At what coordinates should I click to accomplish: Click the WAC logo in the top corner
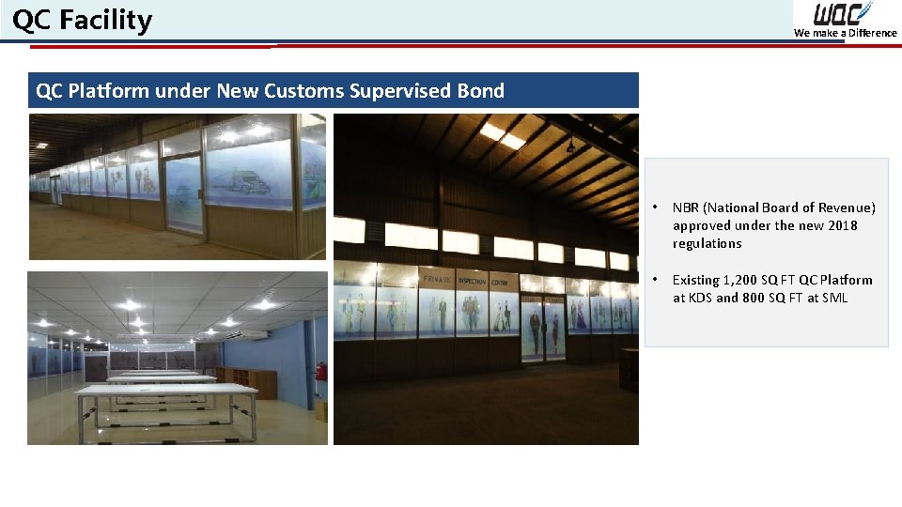point(843,14)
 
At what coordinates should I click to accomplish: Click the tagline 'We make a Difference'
point(845,33)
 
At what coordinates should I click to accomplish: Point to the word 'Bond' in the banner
point(480,91)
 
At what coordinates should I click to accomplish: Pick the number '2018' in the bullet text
point(842,225)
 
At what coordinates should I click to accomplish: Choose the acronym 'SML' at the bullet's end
point(833,298)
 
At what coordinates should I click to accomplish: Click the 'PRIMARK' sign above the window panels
point(439,280)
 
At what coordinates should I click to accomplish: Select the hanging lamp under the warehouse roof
point(569,145)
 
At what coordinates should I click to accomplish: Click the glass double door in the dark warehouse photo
point(543,329)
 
